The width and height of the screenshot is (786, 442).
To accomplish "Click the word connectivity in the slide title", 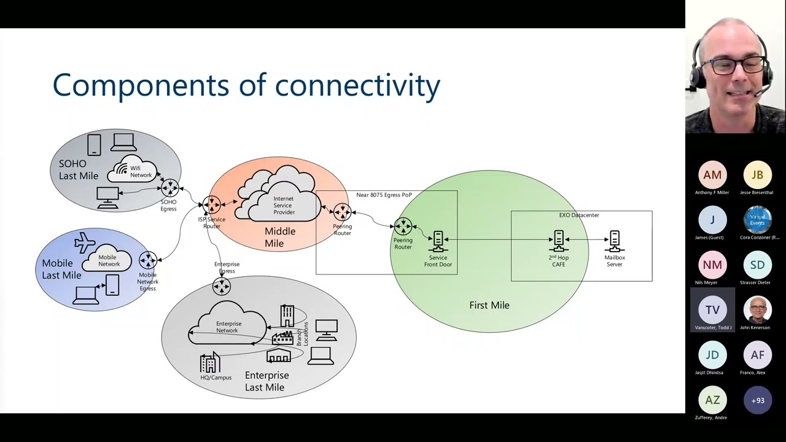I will coord(357,85).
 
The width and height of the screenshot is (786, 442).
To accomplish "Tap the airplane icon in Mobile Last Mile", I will coord(85,243).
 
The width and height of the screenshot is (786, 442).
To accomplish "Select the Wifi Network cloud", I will coord(135,171).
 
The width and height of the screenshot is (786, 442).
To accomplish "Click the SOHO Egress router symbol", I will coord(169,188).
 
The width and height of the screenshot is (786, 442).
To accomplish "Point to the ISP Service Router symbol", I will coord(211,204).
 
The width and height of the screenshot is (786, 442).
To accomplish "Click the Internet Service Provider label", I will coord(284,206).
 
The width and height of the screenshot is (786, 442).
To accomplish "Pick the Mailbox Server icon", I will coord(615,241).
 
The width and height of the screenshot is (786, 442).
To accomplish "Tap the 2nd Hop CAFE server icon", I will coord(559,241).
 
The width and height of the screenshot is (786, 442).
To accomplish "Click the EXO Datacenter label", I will coord(579,215).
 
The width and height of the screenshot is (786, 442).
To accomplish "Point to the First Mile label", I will coord(489,305).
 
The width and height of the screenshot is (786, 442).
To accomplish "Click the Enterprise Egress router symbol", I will coord(221,286).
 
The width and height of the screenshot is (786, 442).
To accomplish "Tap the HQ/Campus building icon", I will coord(210,363).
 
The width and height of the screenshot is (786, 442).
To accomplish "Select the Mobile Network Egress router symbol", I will coord(147,260).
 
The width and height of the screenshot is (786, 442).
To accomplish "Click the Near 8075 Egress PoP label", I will coord(384,195).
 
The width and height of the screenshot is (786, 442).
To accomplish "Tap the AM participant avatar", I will coord(712,176).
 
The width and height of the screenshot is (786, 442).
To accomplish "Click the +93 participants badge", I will coord(757,401).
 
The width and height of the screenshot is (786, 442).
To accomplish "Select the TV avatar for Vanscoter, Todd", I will coord(712,310).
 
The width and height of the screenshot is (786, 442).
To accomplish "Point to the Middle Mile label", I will coord(279,238).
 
